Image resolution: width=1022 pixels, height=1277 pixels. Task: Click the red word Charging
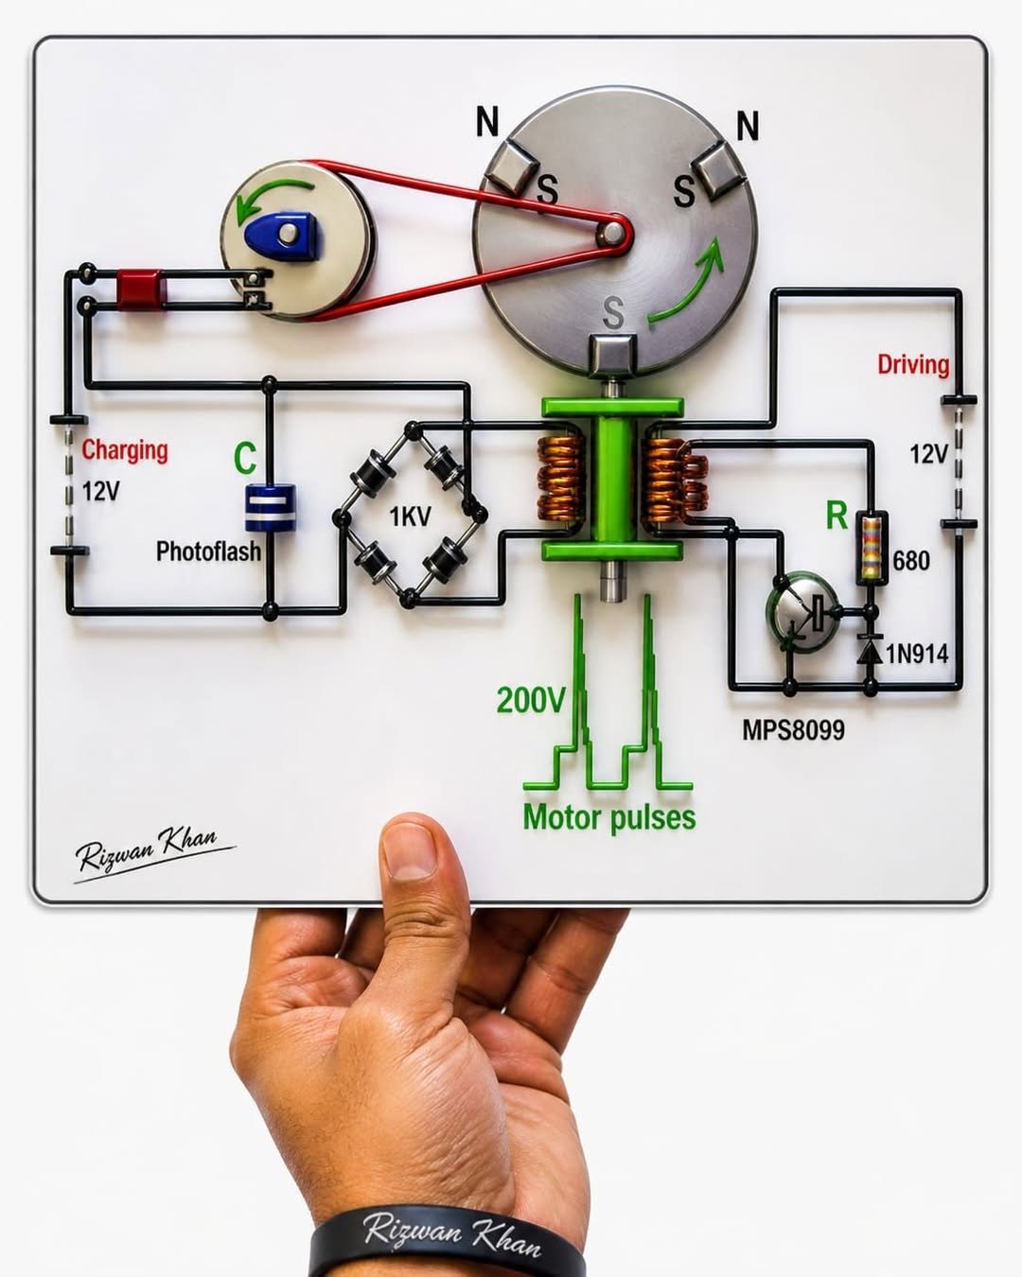click(x=125, y=450)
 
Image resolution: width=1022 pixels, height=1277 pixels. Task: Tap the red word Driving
click(x=913, y=364)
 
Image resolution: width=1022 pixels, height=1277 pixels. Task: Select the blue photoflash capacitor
click(x=271, y=508)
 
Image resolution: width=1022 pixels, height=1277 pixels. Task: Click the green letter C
click(x=245, y=458)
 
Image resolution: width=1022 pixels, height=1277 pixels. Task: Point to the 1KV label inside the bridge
click(x=410, y=516)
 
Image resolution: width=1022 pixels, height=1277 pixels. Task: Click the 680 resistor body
click(x=872, y=549)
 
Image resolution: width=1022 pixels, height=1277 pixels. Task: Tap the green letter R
click(x=837, y=516)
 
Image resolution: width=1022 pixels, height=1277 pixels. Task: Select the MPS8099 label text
click(x=793, y=730)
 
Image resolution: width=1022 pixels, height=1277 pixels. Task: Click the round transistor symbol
click(x=802, y=610)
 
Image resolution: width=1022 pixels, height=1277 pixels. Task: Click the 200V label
click(x=531, y=700)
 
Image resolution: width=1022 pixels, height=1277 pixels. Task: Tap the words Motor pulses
click(x=609, y=817)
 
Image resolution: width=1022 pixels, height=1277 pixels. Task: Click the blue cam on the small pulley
click(x=283, y=234)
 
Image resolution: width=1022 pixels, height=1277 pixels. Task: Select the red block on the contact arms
click(x=141, y=289)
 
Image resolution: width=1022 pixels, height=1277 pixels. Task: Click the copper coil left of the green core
click(x=560, y=479)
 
